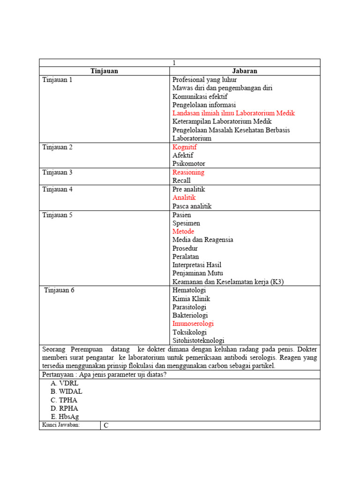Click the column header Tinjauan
[104, 71]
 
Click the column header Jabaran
[245, 71]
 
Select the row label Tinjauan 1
[58, 80]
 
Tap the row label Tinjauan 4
[58, 189]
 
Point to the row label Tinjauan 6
[59, 290]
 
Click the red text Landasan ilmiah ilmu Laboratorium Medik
[233, 113]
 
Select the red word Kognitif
[185, 147]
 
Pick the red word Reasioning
[188, 172]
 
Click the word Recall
[181, 181]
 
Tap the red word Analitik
[184, 198]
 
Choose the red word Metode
[183, 232]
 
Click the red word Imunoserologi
[193, 324]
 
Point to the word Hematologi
[189, 290]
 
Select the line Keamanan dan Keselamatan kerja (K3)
[228, 282]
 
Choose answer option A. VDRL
[65, 383]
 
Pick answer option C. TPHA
[64, 400]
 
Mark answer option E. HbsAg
[66, 417]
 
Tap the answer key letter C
[106, 426]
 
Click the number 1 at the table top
[174, 63]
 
